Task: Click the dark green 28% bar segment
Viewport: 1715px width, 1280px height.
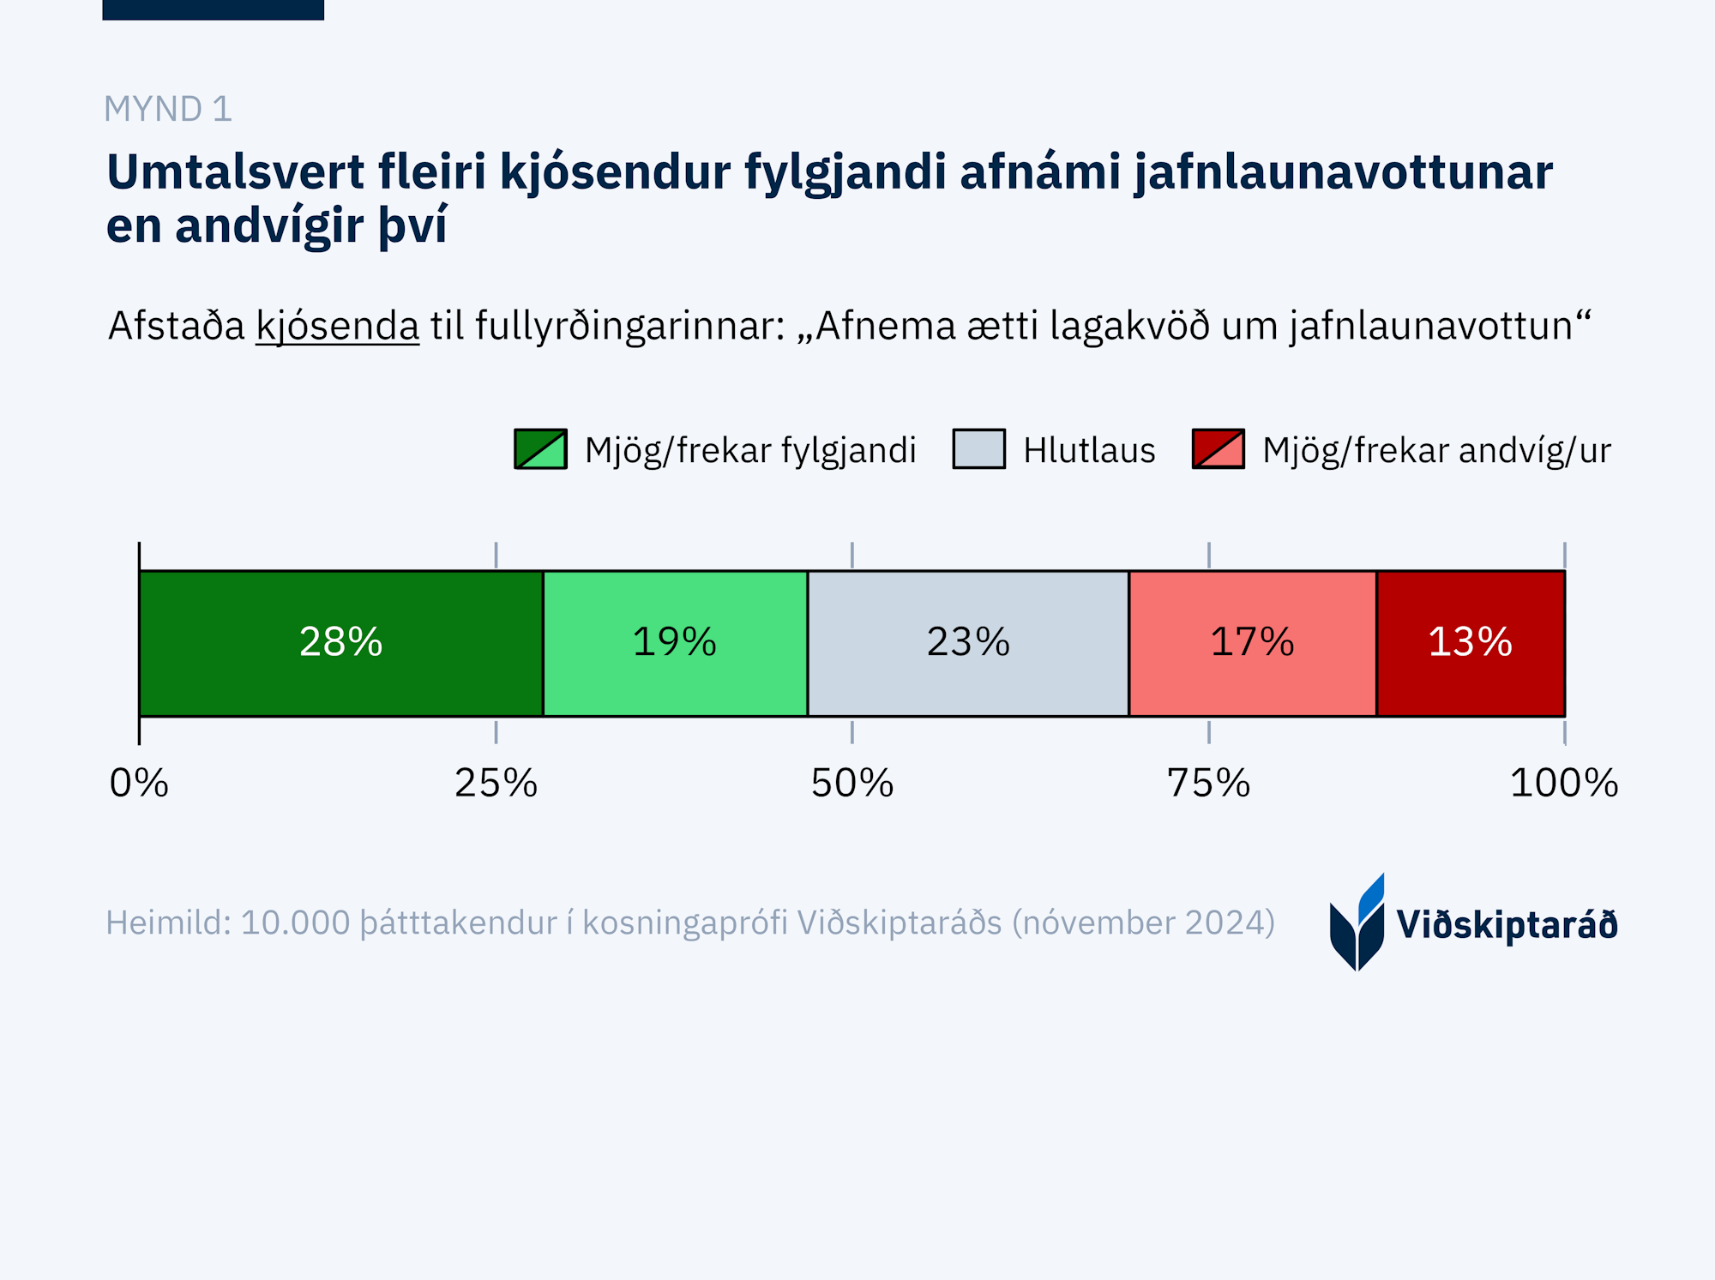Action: [340, 643]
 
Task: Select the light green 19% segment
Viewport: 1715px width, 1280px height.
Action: [675, 643]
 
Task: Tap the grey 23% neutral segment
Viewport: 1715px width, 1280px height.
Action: [968, 643]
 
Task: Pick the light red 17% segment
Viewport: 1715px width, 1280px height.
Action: [1252, 643]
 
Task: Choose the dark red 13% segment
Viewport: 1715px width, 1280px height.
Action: [1471, 643]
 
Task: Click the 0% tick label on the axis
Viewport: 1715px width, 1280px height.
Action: [139, 783]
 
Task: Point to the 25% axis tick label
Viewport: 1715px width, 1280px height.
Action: [496, 783]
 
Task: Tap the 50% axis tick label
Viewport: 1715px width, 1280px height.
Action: [852, 783]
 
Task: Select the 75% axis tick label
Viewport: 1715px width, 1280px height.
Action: [1209, 783]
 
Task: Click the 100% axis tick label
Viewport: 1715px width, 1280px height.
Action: [1564, 783]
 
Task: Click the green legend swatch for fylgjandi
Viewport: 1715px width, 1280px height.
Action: [540, 449]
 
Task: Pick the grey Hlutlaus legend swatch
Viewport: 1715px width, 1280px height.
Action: [978, 449]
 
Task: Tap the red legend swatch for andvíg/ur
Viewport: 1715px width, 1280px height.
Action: [1218, 449]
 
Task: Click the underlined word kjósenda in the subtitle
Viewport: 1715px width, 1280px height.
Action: [337, 327]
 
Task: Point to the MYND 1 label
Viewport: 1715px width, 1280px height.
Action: [168, 109]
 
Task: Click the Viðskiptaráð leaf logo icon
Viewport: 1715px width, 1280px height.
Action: [1357, 924]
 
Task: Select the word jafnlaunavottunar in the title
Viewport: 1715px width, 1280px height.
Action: [1344, 173]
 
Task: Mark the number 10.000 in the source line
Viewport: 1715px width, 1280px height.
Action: [295, 923]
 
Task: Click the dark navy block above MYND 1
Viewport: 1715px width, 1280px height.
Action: [213, 9]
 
